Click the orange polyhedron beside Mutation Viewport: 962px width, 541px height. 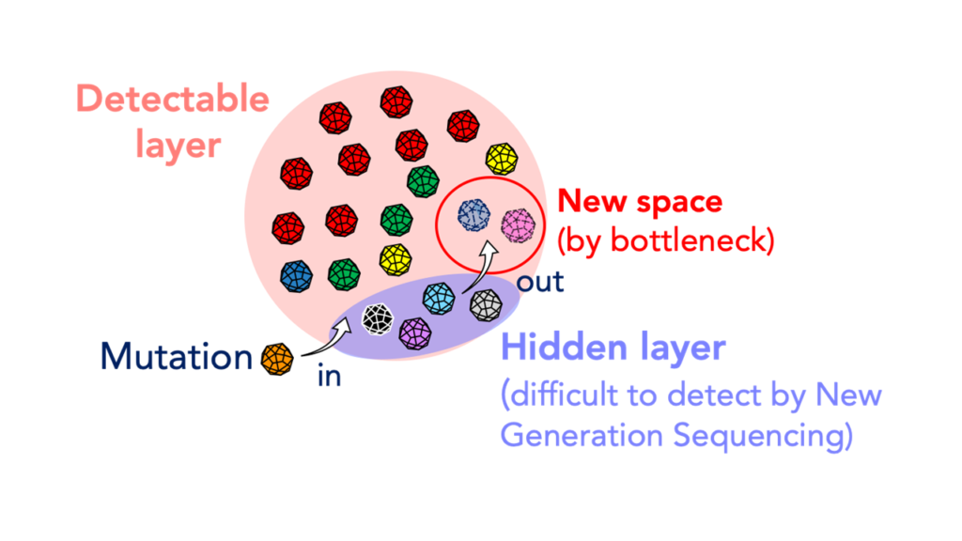point(277,359)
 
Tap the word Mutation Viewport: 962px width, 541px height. point(176,356)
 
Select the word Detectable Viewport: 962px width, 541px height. point(173,99)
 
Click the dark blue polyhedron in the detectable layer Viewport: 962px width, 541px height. point(296,275)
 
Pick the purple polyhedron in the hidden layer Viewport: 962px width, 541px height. point(415,333)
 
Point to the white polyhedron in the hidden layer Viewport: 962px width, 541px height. point(378,319)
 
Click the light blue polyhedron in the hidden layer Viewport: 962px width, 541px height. point(439,299)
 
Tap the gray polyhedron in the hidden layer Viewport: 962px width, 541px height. point(486,305)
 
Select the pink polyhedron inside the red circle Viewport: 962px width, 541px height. point(518,225)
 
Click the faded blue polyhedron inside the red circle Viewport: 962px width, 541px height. point(474,215)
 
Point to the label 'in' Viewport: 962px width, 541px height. point(329,376)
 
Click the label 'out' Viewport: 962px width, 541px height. point(540,282)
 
